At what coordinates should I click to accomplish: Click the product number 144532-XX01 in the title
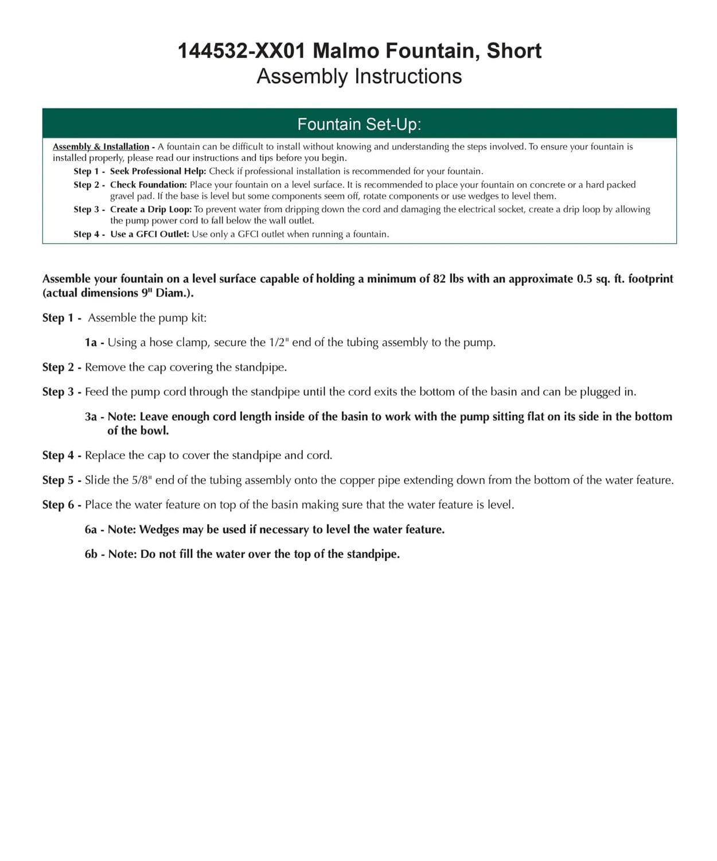coord(241,51)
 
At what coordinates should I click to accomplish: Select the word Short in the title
coord(514,51)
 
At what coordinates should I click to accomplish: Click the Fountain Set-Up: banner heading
coord(359,124)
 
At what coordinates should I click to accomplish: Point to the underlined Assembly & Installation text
coord(101,146)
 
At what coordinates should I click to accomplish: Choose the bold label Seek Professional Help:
coord(158,171)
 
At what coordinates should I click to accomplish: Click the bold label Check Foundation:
coord(149,185)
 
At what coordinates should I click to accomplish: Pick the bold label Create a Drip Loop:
coord(151,210)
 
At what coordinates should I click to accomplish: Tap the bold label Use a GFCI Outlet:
coord(150,234)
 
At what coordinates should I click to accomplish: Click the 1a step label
coord(91,343)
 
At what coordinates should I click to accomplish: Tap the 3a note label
coord(91,417)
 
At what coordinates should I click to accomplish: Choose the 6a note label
coord(91,529)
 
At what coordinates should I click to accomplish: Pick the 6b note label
coord(91,554)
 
